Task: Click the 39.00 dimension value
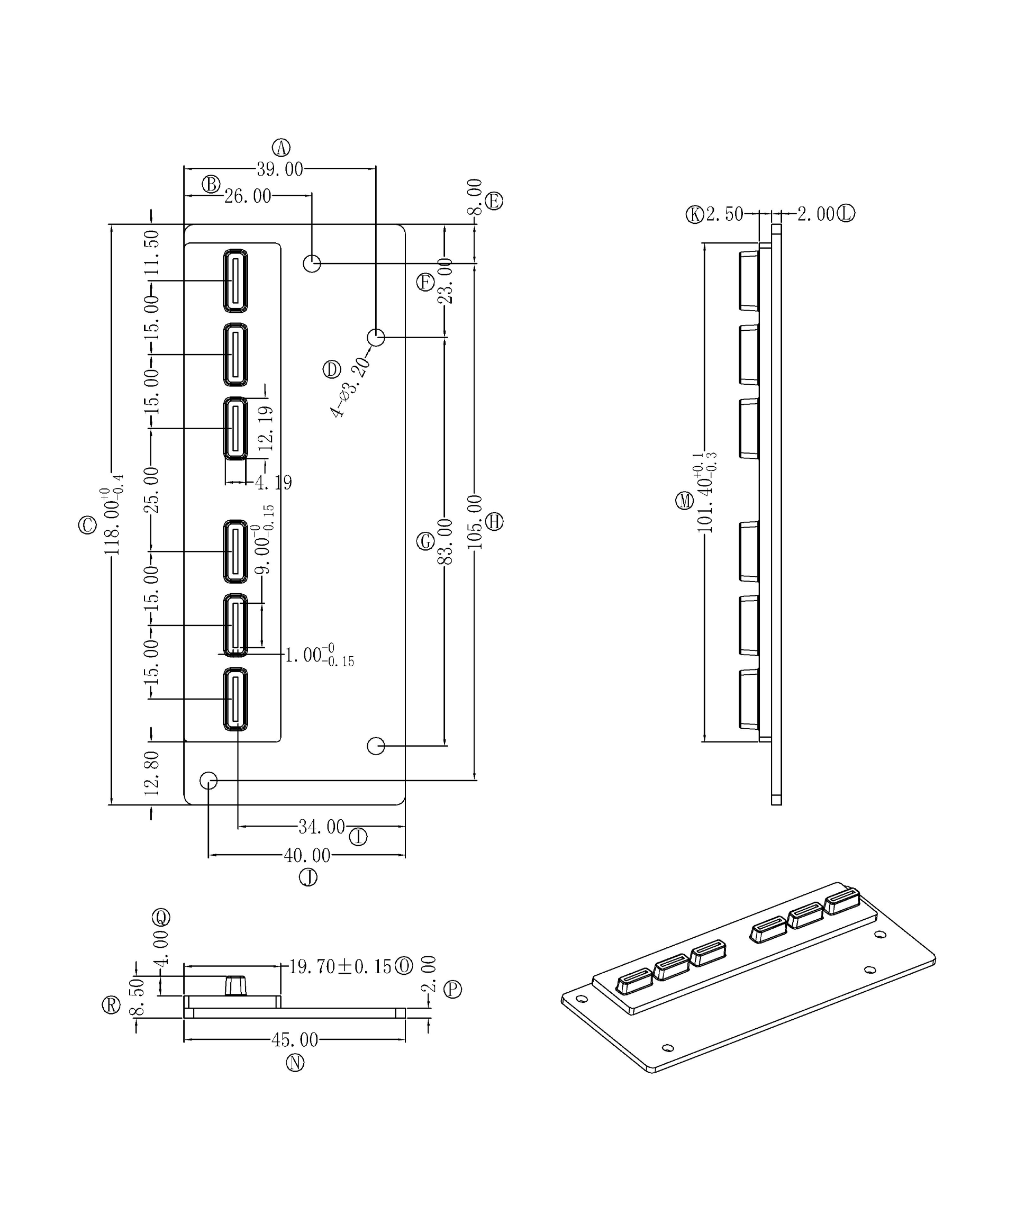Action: click(279, 169)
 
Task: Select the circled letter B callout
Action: click(211, 184)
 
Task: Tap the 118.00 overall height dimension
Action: click(112, 522)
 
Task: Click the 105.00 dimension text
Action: click(475, 522)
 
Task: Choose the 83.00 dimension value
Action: click(445, 541)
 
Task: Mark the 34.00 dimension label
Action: click(321, 827)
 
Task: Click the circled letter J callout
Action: click(308, 877)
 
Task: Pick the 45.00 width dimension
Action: click(295, 1039)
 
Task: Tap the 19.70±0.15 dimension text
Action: click(341, 967)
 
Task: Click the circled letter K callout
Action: click(695, 215)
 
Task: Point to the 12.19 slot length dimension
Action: click(266, 428)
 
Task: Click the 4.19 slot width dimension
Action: click(273, 483)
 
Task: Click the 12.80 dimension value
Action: click(151, 773)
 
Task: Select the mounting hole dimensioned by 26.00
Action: click(312, 264)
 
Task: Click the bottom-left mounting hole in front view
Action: click(208, 781)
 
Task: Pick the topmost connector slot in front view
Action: click(235, 280)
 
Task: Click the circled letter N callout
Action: click(295, 1063)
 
